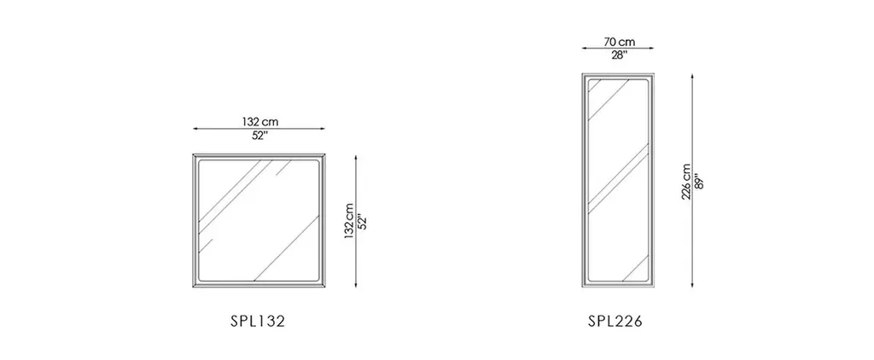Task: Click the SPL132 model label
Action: coord(258,322)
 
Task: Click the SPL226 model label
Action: coord(615,322)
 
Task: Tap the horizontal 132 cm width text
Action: coord(260,121)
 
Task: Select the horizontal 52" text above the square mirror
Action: coord(259,136)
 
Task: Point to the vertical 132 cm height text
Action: coord(349,221)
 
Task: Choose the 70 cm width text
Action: coord(620,42)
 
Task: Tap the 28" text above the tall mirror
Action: coord(619,55)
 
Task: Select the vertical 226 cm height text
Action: coord(686,182)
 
